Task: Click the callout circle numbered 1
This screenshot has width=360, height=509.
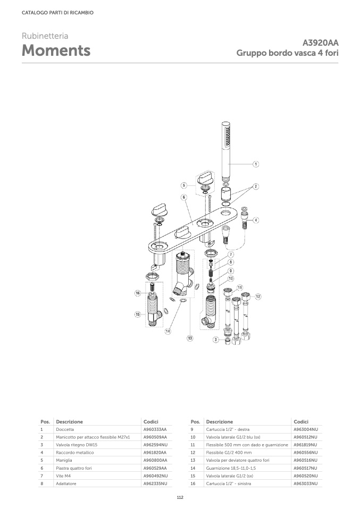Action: click(256, 164)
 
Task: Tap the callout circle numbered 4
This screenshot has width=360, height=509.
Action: click(256, 220)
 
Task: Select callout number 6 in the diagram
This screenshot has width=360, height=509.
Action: click(183, 197)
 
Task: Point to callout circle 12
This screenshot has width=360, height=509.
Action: click(258, 296)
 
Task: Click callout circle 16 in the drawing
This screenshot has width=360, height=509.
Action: click(137, 293)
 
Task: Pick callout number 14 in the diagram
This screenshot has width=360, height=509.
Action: click(168, 331)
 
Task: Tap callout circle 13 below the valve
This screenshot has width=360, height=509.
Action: click(190, 338)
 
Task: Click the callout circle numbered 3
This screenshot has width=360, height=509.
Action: click(216, 339)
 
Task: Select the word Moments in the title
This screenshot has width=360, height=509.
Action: click(56, 51)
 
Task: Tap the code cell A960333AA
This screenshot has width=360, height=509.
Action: click(155, 429)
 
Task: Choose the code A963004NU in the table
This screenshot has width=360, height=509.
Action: click(306, 429)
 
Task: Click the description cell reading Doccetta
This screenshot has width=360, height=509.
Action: click(65, 429)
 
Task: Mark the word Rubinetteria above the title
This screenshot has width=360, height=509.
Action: click(45, 36)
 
